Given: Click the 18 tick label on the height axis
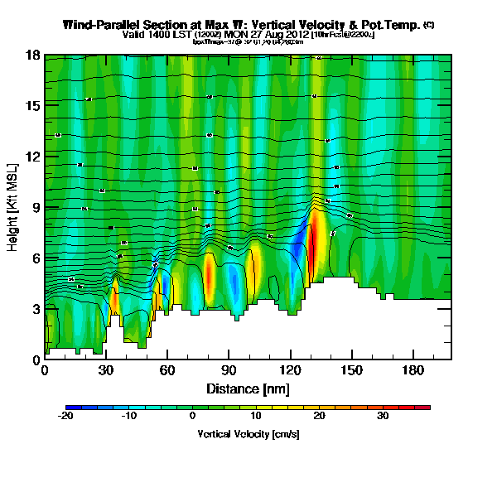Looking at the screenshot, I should click(x=33, y=55).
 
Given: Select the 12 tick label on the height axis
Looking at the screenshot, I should click(x=33, y=157).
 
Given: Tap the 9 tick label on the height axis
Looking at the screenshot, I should click(x=36, y=207).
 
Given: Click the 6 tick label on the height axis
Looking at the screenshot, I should click(x=36, y=258).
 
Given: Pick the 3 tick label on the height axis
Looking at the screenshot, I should click(x=36, y=309).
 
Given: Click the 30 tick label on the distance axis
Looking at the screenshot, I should click(x=106, y=371).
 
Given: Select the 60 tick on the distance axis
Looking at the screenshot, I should click(x=167, y=371).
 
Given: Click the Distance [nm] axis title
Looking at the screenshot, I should click(x=248, y=388).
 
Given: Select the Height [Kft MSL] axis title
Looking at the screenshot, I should click(x=14, y=207).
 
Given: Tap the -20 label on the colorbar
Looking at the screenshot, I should click(x=67, y=417).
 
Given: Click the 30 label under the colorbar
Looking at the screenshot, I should click(x=383, y=417).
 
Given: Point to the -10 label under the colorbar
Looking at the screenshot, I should click(x=128, y=417).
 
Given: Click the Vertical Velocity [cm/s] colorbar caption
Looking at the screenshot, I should click(x=248, y=433).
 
